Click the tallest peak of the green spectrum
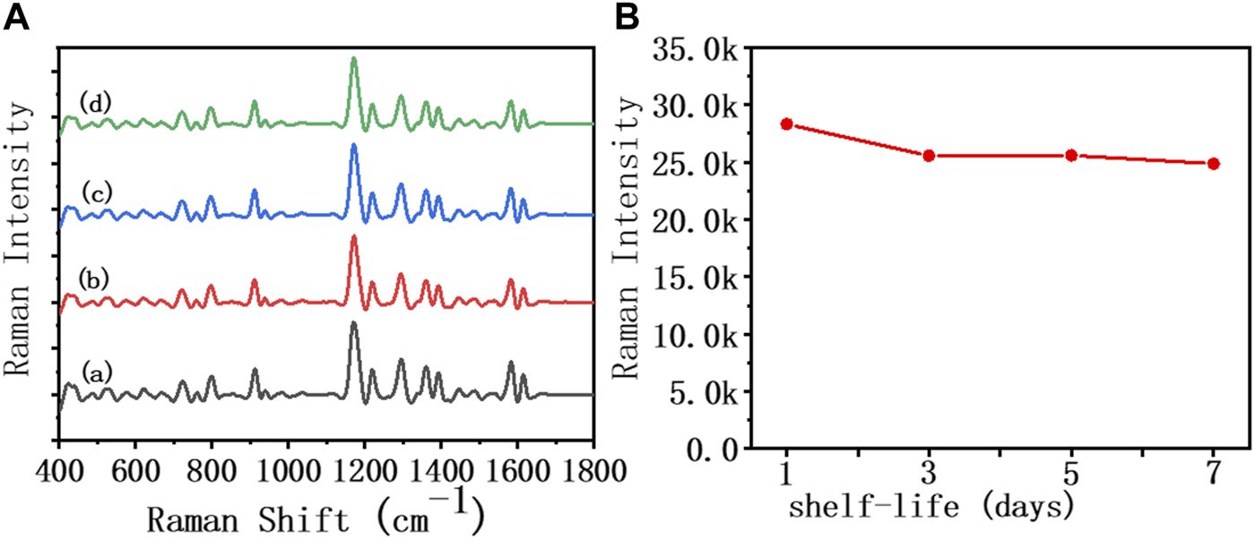click(x=354, y=59)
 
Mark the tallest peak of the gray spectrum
click(x=354, y=323)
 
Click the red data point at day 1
click(x=786, y=124)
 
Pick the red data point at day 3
click(x=929, y=156)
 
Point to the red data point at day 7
click(x=1214, y=164)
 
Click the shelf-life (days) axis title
click(x=931, y=508)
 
